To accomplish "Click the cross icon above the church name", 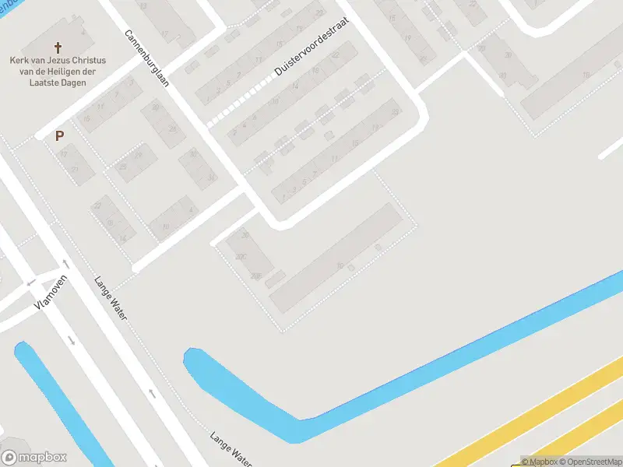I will pyautogui.click(x=59, y=47).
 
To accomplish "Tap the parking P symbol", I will pyautogui.click(x=59, y=135).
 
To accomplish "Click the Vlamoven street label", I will pyautogui.click(x=51, y=293).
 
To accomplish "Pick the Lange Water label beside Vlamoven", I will pyautogui.click(x=111, y=299).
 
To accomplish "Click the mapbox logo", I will pyautogui.click(x=34, y=458).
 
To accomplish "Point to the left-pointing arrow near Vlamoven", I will pyautogui.click(x=31, y=283).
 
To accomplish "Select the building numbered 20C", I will pyautogui.click(x=241, y=256).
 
